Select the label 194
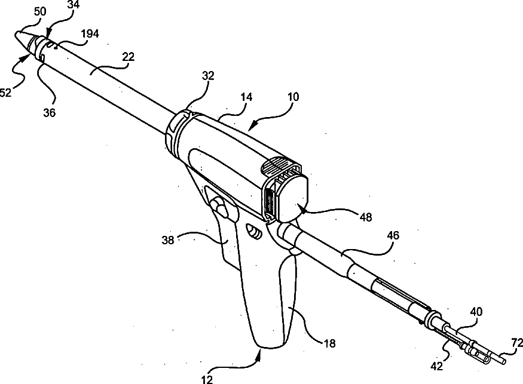[90, 35]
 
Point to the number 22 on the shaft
[127, 57]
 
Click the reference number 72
[516, 342]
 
